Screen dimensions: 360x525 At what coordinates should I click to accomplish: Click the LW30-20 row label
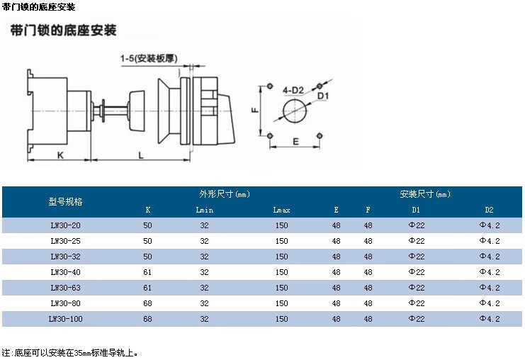(66, 225)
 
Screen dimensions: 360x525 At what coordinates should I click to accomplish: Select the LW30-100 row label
(66, 319)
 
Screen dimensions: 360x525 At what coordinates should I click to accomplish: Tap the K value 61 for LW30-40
(147, 272)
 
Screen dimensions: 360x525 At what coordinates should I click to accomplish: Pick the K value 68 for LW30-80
(147, 303)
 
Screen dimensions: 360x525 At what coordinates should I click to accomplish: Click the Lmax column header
(281, 210)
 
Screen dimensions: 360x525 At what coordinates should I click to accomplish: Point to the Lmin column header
(204, 210)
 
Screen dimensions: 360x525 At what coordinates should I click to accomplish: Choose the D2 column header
(489, 210)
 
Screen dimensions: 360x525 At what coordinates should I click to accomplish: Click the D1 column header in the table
(416, 210)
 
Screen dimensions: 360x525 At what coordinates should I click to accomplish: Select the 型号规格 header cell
(66, 201)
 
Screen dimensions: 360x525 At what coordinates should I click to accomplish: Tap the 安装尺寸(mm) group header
(425, 193)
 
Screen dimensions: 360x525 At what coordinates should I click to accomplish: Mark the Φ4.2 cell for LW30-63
(490, 288)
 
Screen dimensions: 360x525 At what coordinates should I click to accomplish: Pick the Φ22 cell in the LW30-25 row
(416, 240)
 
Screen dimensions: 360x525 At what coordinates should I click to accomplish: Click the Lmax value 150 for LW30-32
(281, 257)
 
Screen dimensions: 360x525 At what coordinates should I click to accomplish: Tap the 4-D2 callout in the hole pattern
(293, 90)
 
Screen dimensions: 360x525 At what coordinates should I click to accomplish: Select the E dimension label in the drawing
(295, 141)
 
